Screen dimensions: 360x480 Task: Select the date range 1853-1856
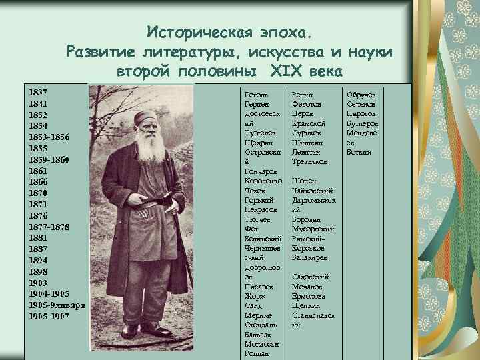click(x=49, y=137)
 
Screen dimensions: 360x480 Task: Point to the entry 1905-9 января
click(x=56, y=305)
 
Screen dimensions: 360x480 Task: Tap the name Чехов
click(x=255, y=190)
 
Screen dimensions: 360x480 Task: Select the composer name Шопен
click(x=303, y=181)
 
